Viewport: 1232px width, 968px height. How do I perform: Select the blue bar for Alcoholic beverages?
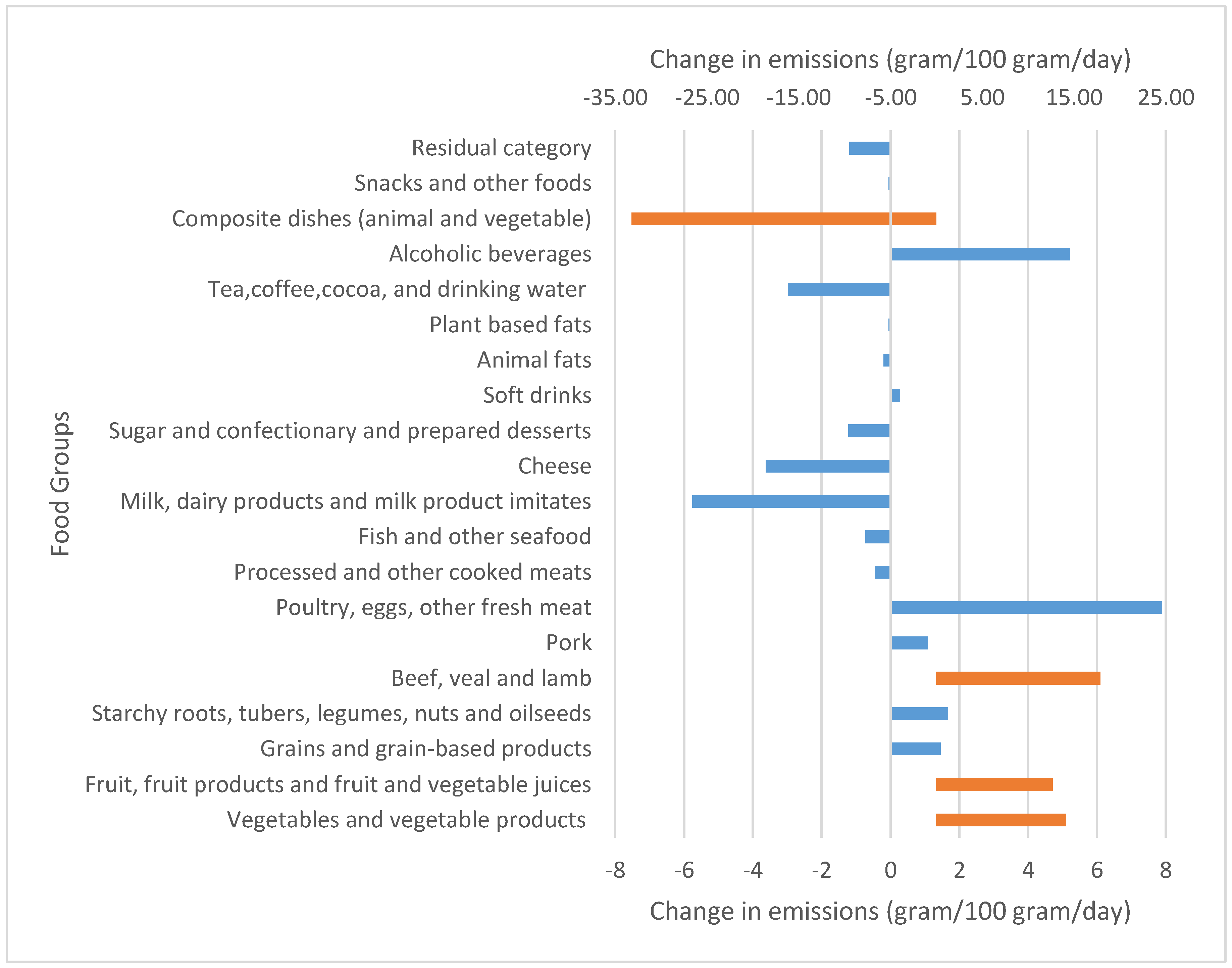coord(980,254)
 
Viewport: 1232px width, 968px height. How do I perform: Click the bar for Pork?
coord(909,643)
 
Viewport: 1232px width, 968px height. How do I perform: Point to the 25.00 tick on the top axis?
coord(1166,97)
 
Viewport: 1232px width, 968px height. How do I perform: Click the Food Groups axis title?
coord(60,483)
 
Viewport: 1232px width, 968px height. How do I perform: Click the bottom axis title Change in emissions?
coord(890,911)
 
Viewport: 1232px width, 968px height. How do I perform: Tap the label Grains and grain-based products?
coord(425,749)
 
